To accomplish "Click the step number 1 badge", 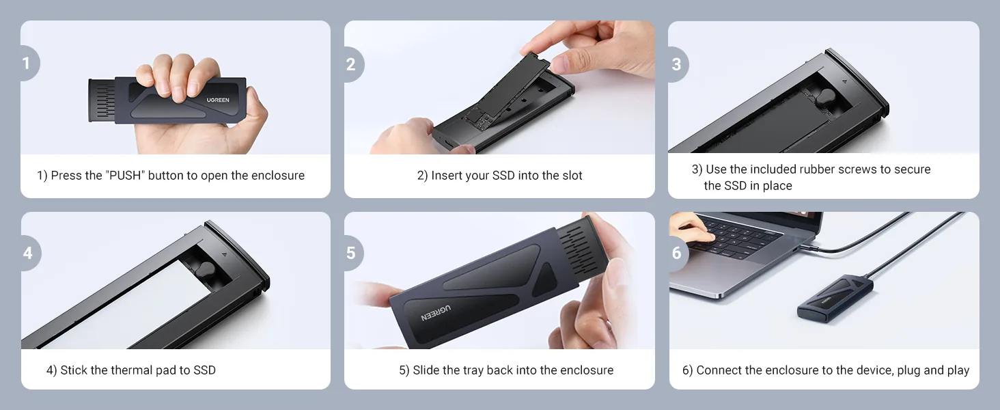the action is [28, 64].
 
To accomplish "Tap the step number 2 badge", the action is [352, 64].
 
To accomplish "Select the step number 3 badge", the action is [677, 64].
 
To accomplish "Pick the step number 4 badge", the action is [29, 253].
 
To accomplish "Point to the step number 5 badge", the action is [352, 253].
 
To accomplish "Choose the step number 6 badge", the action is [678, 253].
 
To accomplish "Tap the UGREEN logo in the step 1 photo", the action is [218, 100].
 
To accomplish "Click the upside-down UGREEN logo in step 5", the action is [436, 313].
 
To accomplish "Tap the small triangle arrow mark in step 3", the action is [845, 82].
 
